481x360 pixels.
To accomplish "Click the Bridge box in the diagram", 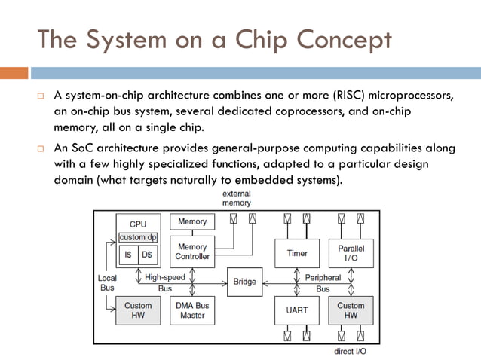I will click(x=245, y=282).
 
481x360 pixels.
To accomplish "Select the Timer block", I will click(x=297, y=254).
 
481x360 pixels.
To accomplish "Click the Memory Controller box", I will click(x=192, y=252).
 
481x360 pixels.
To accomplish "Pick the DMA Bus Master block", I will click(x=192, y=310).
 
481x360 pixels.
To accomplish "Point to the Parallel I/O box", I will click(x=351, y=254).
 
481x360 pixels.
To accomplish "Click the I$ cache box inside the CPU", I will click(x=128, y=255).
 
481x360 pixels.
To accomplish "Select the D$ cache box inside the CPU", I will click(x=147, y=255).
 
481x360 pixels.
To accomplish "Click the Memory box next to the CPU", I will click(x=192, y=222).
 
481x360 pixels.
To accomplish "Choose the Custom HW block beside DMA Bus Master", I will click(x=138, y=310).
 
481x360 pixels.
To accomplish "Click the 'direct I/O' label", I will click(x=350, y=352).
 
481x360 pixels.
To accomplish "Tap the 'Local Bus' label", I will click(x=107, y=283).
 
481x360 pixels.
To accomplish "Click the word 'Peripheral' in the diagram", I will click(x=323, y=277).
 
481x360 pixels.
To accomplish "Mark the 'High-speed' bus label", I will click(x=164, y=277).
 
